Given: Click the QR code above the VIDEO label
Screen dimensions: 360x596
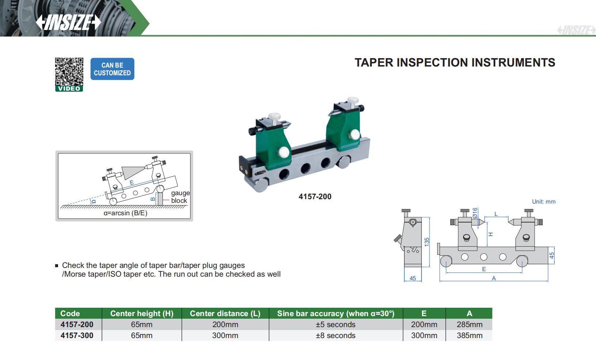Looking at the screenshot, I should coord(69,71).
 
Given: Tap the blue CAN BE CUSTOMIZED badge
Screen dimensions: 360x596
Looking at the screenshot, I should coord(112,69).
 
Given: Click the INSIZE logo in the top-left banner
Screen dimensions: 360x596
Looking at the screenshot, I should coord(68,22).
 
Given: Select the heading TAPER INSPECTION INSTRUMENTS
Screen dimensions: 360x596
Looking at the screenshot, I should coord(455,62).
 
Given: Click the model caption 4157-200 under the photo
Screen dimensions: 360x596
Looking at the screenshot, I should coord(315,197).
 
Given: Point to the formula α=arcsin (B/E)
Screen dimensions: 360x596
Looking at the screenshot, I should coord(125,213).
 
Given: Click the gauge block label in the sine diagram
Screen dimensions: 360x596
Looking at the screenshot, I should coord(180,197).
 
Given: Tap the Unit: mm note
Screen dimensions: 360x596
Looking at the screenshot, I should coord(543,202).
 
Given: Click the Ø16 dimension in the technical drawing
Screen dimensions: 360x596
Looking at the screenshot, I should coord(475,213).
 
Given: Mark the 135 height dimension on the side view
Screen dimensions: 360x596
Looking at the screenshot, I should coord(427,242).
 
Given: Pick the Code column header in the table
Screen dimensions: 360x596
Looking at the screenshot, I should coord(70,314).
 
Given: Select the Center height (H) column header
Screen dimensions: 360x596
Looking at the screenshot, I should coord(142,314).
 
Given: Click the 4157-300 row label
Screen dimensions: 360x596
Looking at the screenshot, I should coord(77,336).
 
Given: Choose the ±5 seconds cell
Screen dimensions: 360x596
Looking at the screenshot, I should coord(335,325).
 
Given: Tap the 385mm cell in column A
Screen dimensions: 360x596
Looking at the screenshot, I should coord(469,336).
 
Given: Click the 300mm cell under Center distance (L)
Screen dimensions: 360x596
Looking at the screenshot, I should coord(225,336).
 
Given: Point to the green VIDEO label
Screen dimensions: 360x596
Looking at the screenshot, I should coord(69,89).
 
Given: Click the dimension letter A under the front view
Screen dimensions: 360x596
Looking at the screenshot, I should coord(494,278).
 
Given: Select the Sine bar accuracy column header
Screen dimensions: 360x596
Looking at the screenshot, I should coord(335,314).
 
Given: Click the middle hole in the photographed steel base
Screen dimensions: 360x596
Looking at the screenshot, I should coord(305,168).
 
